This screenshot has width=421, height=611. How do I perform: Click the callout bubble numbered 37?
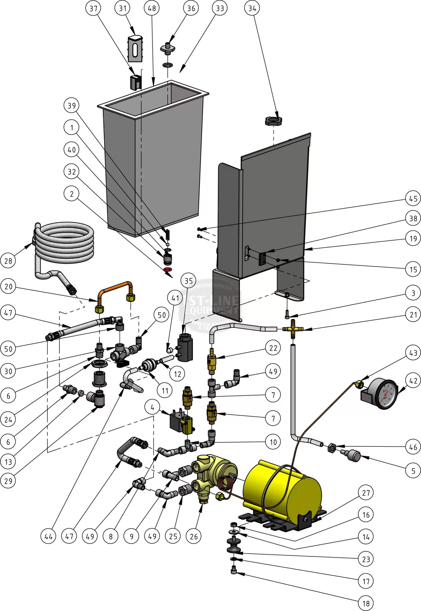coord(93,8)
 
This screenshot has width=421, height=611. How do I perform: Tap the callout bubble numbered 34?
coord(252,8)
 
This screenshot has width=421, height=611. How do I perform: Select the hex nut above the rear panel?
coord(273,121)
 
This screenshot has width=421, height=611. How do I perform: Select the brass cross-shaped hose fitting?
coord(293,329)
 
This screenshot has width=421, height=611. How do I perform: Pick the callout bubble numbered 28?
coord(8,261)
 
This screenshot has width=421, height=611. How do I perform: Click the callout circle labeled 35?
coord(188,281)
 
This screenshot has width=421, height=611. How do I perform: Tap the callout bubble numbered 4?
coord(152,407)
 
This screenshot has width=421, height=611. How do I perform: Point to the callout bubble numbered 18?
coord(366,603)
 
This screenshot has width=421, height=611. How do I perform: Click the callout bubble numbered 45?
coord(413,198)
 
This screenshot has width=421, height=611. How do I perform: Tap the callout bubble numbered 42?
coord(413,381)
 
